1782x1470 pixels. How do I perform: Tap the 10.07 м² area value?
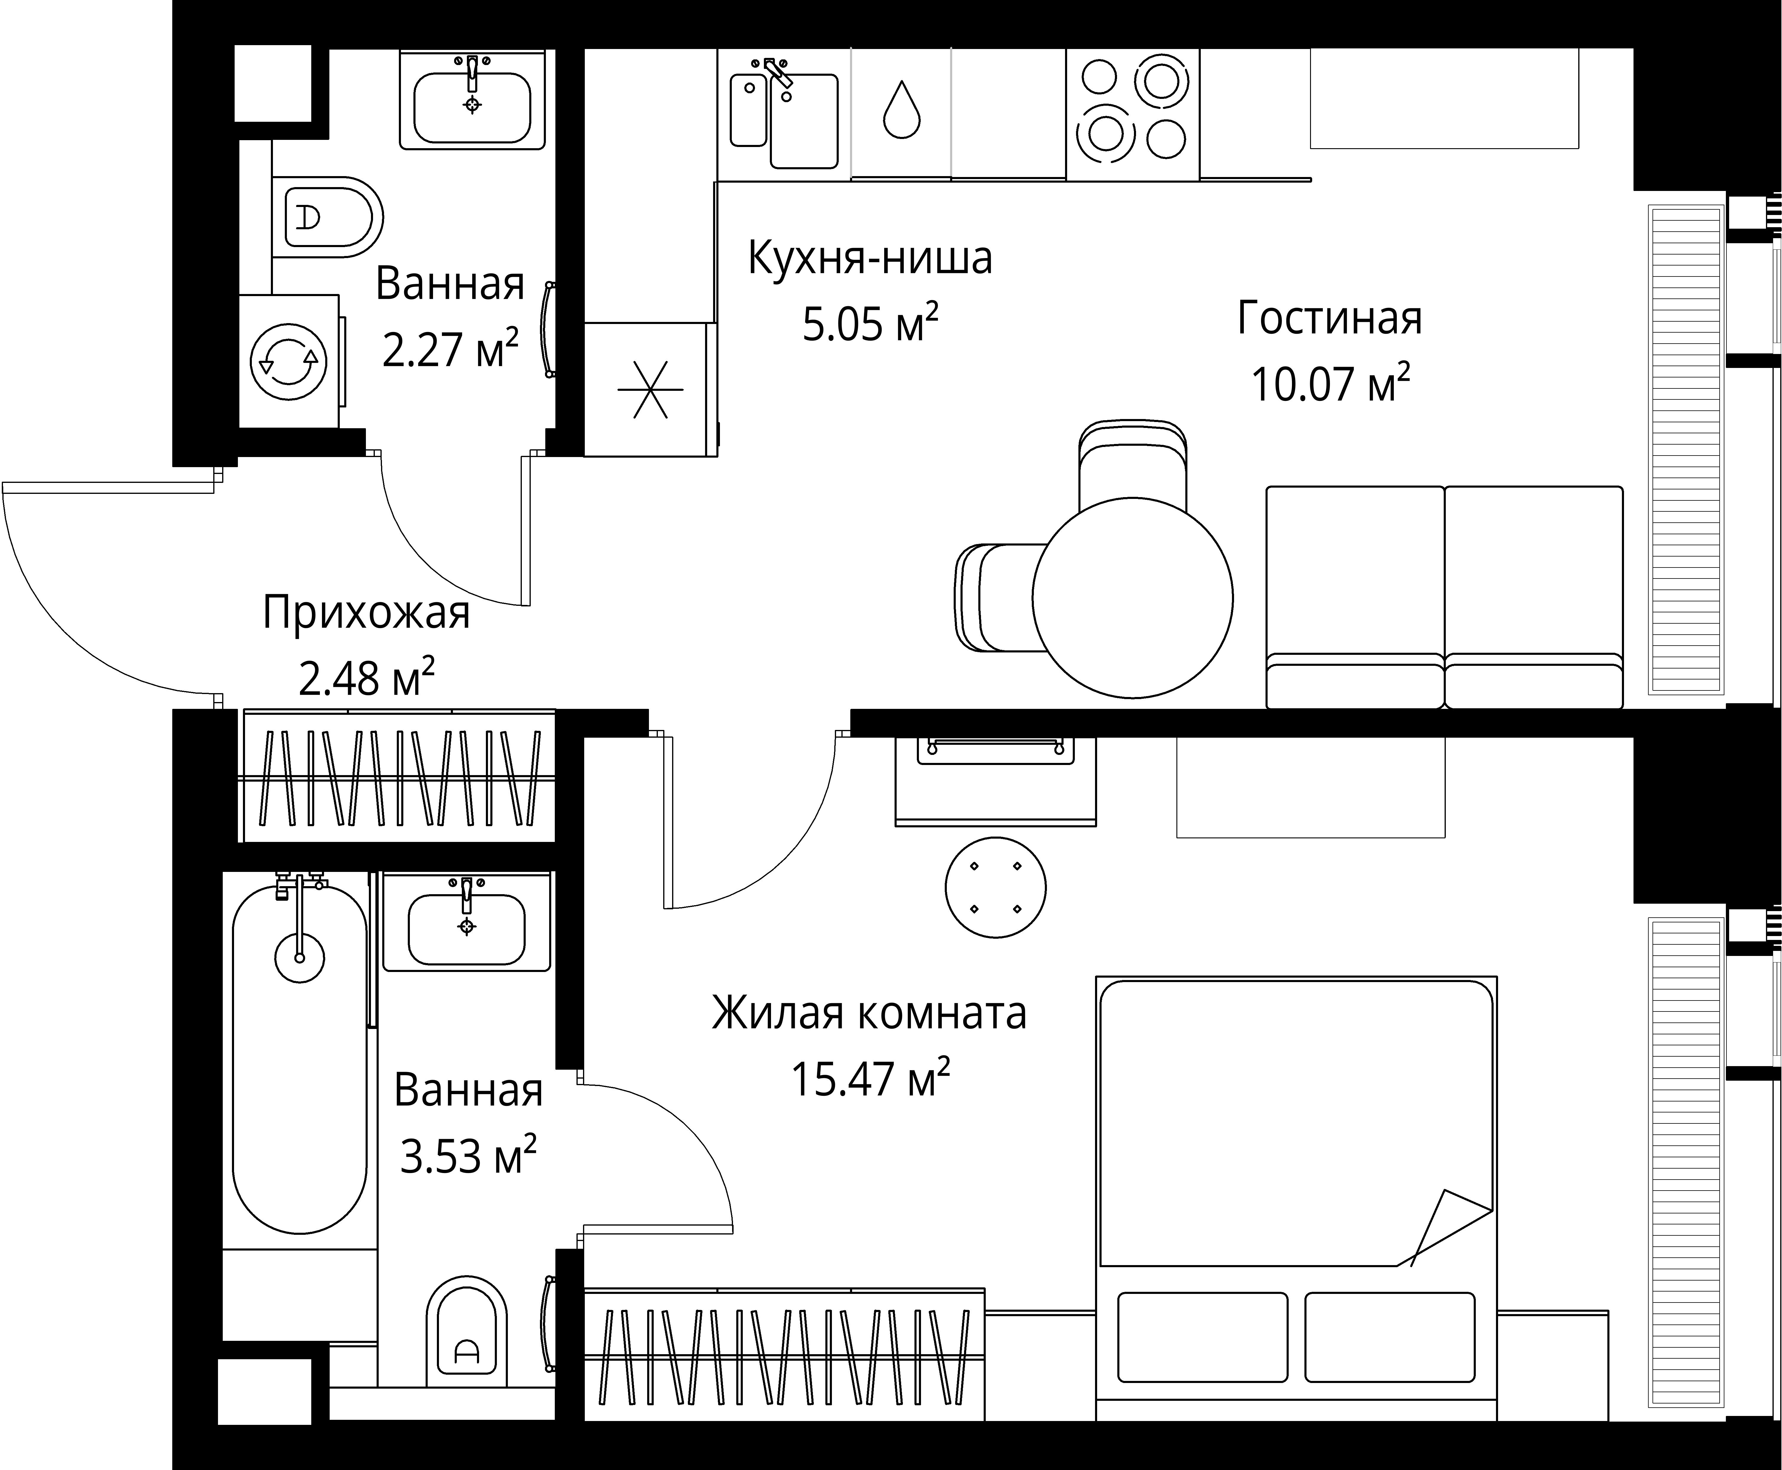1330,385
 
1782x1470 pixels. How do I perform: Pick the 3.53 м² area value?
467,1157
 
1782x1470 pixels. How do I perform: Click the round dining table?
1132,598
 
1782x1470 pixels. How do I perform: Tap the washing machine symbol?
289,362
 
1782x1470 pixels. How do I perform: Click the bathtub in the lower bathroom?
300,1058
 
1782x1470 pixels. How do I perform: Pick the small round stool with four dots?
995,887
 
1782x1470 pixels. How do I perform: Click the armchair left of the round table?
995,598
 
